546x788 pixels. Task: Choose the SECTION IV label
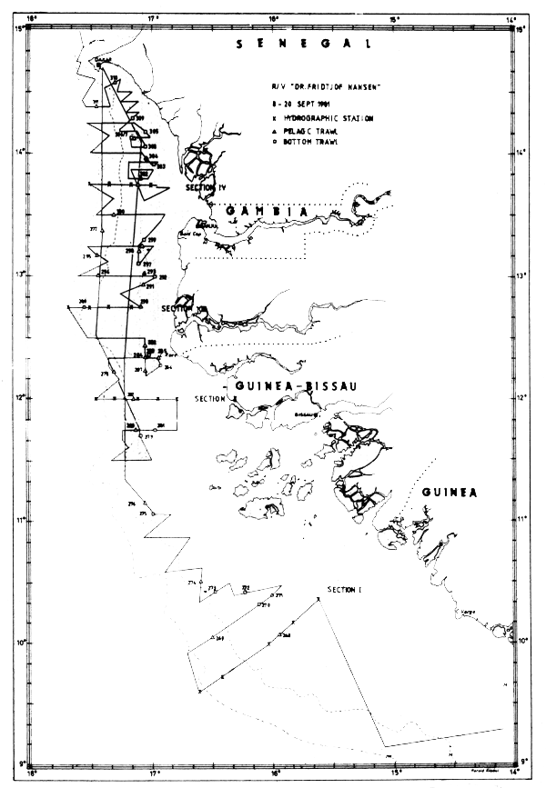click(204, 187)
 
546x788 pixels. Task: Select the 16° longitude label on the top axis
click(274, 18)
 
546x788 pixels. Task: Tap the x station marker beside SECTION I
click(318, 597)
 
